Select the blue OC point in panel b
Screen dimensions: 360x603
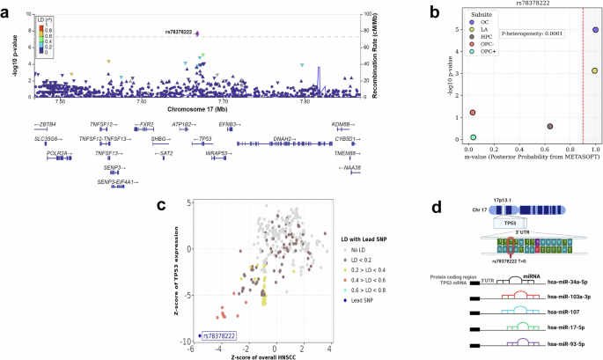click(596, 30)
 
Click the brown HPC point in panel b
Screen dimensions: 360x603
click(550, 127)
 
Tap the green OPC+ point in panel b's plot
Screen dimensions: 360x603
click(473, 137)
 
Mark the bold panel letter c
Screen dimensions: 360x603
click(161, 204)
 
